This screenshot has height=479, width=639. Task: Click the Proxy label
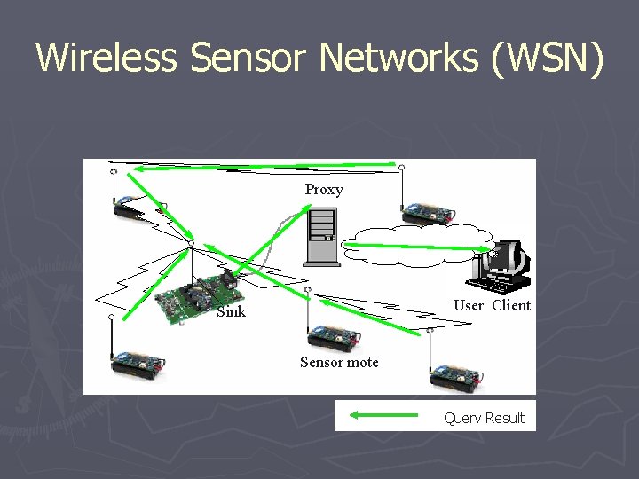(324, 189)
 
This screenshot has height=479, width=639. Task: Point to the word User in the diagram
(468, 306)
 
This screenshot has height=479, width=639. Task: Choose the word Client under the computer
(511, 306)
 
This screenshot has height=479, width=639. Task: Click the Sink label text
(231, 311)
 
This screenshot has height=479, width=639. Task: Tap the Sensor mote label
(339, 362)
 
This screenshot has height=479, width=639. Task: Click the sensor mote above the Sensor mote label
(333, 336)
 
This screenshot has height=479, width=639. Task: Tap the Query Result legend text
(484, 418)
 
